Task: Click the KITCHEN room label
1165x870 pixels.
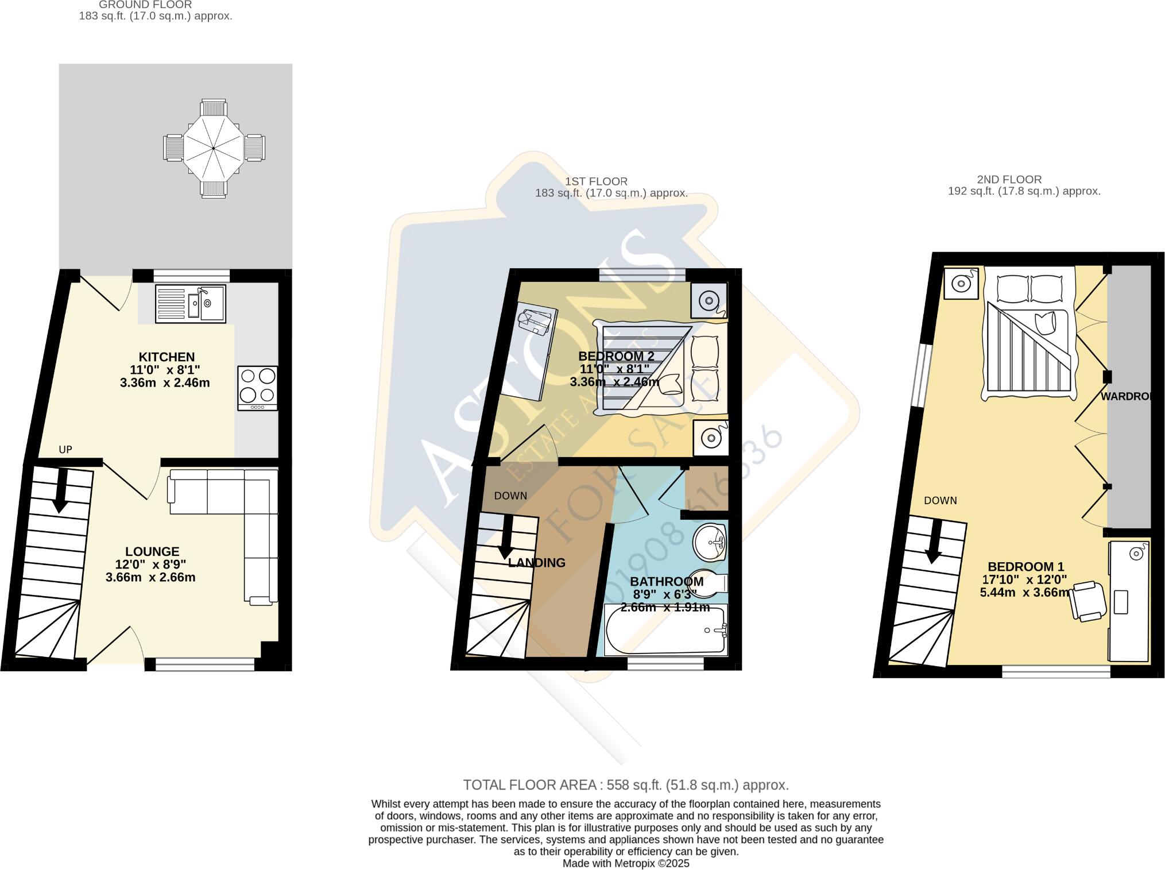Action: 167,357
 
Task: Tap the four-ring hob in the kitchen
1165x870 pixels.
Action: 258,388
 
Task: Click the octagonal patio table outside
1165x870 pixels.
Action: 214,148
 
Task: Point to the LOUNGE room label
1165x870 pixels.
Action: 152,552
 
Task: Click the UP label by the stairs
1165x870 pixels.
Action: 65,450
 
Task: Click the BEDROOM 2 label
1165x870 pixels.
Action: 616,356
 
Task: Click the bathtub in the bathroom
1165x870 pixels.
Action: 665,629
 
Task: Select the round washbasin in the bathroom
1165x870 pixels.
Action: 710,542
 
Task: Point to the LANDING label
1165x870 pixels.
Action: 537,563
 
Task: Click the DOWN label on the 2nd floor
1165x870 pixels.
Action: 940,501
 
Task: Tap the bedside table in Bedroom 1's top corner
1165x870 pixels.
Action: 961,283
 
